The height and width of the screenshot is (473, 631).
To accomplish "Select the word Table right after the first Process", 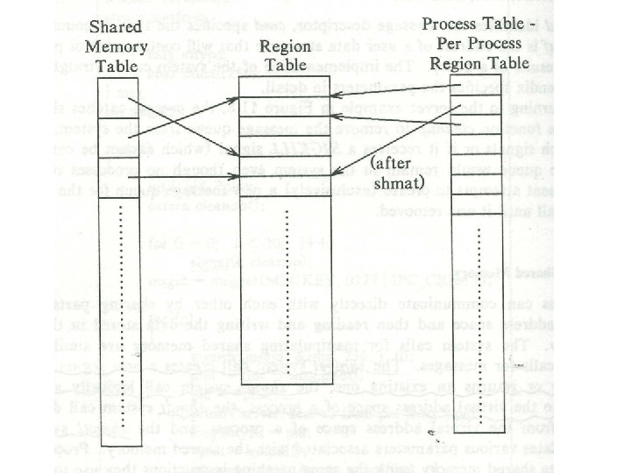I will (x=521, y=26).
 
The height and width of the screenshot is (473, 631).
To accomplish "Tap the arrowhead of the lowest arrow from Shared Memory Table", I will (x=235, y=179).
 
